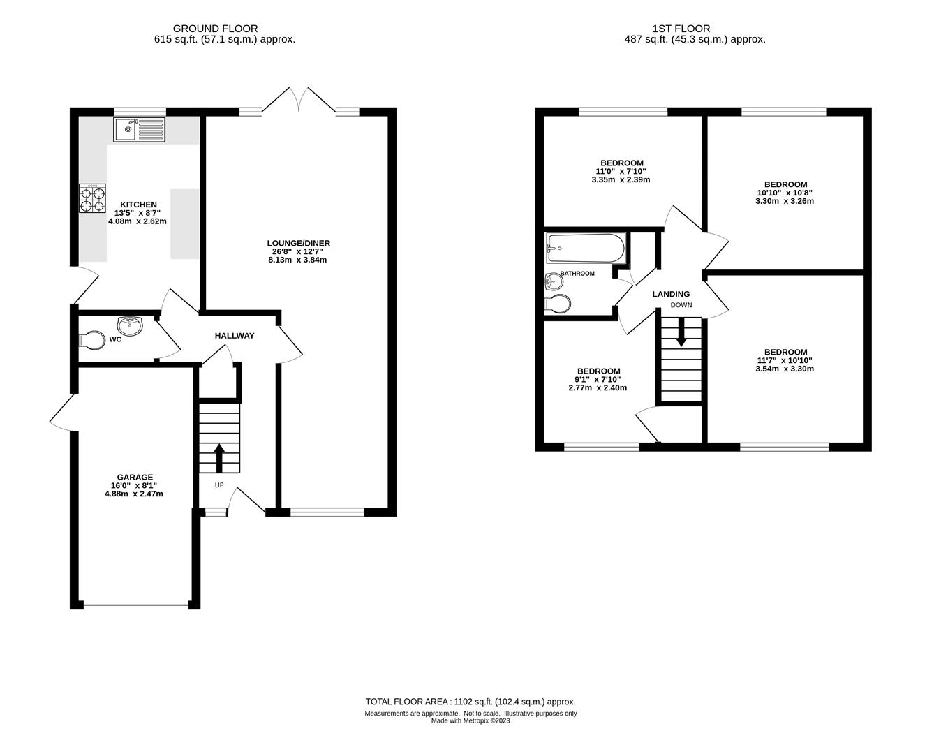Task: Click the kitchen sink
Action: coord(140,129)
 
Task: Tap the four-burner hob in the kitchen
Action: coord(92,198)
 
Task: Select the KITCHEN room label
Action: coord(138,205)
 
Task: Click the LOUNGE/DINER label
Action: coord(299,243)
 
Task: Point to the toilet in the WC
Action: coord(93,340)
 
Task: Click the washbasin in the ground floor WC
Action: coord(130,326)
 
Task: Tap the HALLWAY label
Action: coord(235,336)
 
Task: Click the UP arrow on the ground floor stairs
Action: coord(219,458)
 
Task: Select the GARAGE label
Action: coord(135,477)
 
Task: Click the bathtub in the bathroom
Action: coord(586,248)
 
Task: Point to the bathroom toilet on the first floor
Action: coord(558,304)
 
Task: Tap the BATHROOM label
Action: coord(577,274)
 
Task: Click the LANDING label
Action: coord(671,294)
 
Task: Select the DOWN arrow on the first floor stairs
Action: coord(681,332)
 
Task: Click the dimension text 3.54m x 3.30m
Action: coord(785,369)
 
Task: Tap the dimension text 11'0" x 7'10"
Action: coord(621,172)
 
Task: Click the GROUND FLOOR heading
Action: coord(215,29)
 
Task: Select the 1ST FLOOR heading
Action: coord(681,29)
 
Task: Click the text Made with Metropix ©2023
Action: coord(470,720)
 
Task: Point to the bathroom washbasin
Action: coord(554,281)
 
